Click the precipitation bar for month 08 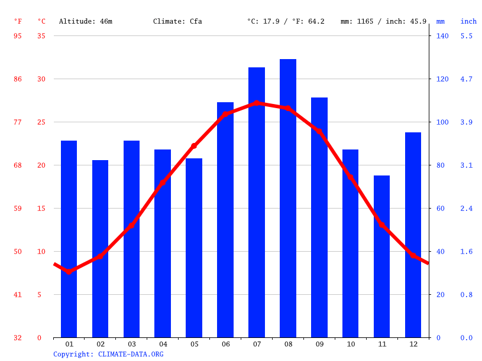pos(288,198)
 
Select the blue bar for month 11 pos(381,256)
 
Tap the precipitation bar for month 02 pos(101,249)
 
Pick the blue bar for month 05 pos(194,248)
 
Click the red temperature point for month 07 pos(257,103)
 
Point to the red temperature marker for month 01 pos(69,272)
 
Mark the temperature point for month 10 pos(350,177)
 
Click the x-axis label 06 pos(225,344)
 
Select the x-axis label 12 pos(413,344)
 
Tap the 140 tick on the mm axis pos(442,36)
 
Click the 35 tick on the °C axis pos(41,36)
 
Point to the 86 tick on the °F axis pos(18,79)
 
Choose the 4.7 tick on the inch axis pos(467,79)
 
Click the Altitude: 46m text pos(85,21)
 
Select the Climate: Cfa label pos(177,21)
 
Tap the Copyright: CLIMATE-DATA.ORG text pos(108,354)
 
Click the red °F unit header pos(18,21)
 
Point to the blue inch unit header pos(468,21)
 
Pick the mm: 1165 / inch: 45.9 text pos(383,21)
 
